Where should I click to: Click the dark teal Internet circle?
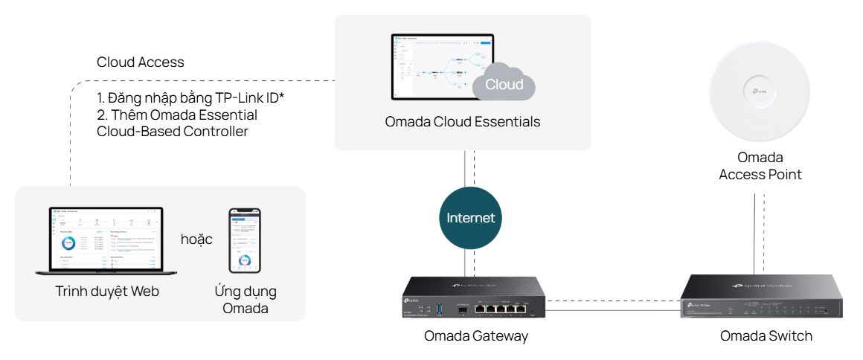[x=470, y=218]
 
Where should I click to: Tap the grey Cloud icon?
[x=504, y=83]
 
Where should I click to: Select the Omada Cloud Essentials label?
[x=463, y=121]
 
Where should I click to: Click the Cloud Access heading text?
[x=141, y=62]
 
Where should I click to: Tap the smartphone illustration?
[x=244, y=240]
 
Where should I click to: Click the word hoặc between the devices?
[x=196, y=240]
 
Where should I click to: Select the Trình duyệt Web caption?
[x=107, y=292]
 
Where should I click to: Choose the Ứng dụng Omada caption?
[x=245, y=300]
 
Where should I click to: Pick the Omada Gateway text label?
[x=476, y=336]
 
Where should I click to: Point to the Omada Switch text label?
[x=766, y=336]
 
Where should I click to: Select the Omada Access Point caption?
[x=760, y=166]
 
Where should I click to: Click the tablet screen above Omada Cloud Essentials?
[x=442, y=67]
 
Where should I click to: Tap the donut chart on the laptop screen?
[x=69, y=242]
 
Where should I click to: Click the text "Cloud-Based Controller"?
[x=173, y=132]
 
